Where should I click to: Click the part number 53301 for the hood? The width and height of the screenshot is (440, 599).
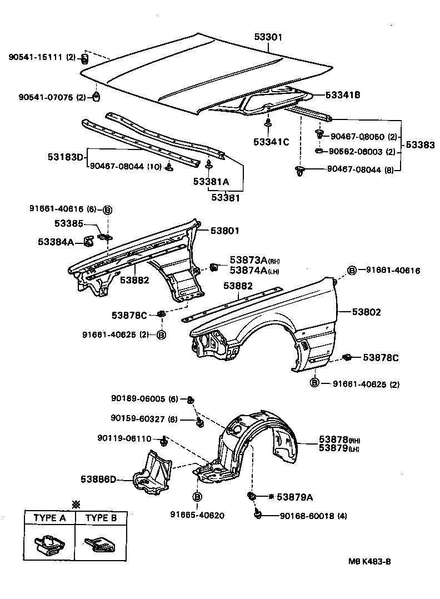pyautogui.click(x=268, y=37)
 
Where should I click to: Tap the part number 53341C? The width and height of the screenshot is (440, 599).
pyautogui.click(x=272, y=142)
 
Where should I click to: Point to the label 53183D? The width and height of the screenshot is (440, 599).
pyautogui.click(x=65, y=157)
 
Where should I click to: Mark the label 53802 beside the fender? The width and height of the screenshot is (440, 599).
pyautogui.click(x=366, y=312)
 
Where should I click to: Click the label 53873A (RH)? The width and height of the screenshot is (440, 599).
pyautogui.click(x=248, y=261)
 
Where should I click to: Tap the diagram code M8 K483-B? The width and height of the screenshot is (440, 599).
pyautogui.click(x=369, y=561)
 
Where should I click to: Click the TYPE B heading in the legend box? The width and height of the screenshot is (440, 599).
pyautogui.click(x=101, y=518)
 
